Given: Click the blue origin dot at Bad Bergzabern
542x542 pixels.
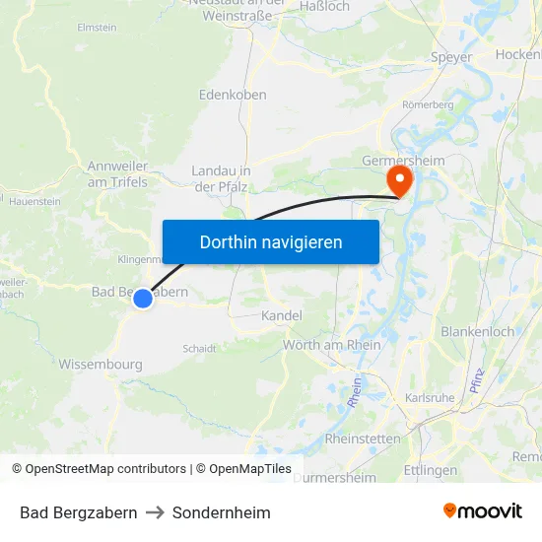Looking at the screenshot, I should click(143, 298).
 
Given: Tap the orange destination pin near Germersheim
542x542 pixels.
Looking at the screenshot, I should click(400, 179).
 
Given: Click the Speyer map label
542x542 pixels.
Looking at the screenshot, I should click(451, 57).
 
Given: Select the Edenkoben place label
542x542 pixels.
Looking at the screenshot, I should click(233, 96).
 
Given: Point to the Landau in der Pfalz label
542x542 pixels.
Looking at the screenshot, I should click(221, 178).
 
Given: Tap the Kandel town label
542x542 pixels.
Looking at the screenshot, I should click(281, 315).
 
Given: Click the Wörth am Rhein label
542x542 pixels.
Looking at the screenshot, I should click(331, 345).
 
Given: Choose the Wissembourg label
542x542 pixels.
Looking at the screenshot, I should click(101, 365).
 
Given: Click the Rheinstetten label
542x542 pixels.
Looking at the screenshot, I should click(362, 439).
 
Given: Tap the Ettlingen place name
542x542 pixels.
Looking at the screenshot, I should click(431, 470).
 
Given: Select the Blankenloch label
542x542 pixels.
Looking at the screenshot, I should click(478, 332).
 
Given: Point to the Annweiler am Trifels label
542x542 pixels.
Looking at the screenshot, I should click(117, 173).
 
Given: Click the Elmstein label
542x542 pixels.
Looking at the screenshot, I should click(97, 28).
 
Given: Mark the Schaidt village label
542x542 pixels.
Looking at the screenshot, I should click(199, 348).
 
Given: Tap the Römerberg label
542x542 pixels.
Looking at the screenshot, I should click(427, 103).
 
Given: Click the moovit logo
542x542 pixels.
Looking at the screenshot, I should click(483, 511).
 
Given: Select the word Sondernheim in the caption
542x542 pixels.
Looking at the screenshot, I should click(221, 512).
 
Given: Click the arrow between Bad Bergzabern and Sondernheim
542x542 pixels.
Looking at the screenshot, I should click(155, 512).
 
